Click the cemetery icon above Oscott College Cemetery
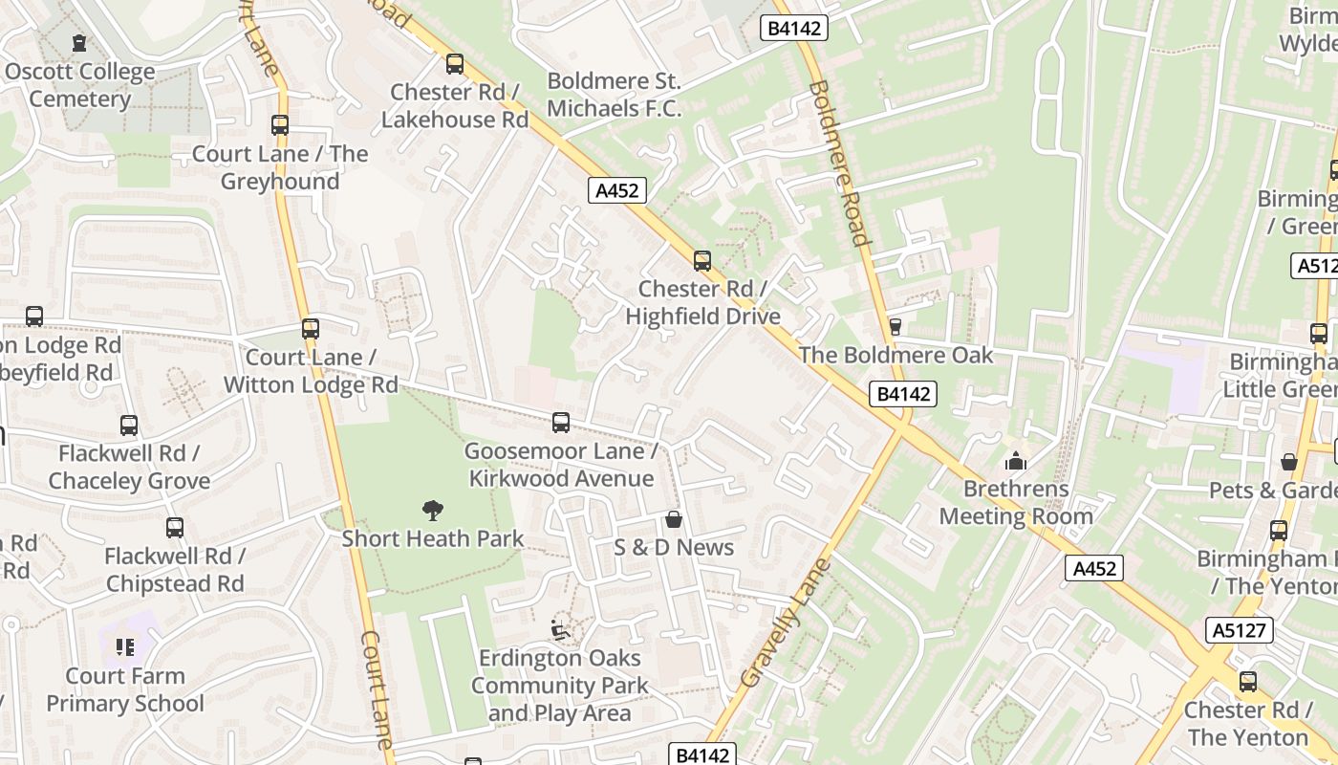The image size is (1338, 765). pos(78,43)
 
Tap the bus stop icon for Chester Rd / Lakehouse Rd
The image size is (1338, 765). pos(455,64)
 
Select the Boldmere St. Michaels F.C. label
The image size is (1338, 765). pos(614,95)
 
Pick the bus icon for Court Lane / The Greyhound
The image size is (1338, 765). pos(280,125)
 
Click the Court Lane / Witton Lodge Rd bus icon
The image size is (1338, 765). pos(311,329)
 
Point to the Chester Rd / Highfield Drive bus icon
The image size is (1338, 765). pos(702,261)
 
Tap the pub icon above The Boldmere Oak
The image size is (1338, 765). pos(896,327)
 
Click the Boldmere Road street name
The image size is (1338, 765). pos(839,163)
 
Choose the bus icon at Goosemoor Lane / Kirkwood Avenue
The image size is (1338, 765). pos(561,423)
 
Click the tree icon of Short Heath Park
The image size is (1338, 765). pos(433,511)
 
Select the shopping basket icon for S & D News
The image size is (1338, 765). pos(674,519)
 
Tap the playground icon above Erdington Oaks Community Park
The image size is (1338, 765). pos(560,630)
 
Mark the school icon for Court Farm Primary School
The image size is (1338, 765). pos(125,647)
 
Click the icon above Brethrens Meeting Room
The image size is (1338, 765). pos(1015,462)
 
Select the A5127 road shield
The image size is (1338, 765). pos(1240,630)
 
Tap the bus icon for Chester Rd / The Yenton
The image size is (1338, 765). pos(1248,682)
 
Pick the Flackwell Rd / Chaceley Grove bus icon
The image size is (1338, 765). pos(129,426)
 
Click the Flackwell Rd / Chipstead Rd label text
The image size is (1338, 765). pos(175,570)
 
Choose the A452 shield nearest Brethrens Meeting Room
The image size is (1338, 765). pos(1094,569)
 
